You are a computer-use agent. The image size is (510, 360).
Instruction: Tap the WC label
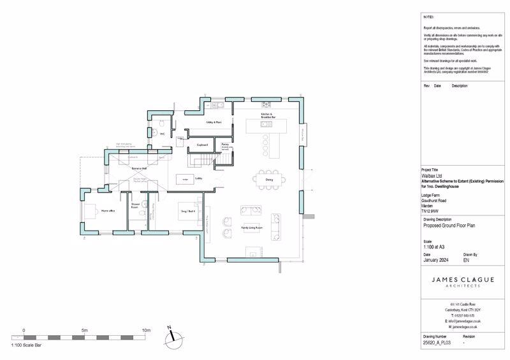click(162, 134)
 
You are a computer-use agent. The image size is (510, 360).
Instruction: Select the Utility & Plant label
click(214, 122)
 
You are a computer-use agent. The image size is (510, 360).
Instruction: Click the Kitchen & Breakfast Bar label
click(267, 116)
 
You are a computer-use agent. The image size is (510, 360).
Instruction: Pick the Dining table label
click(269, 180)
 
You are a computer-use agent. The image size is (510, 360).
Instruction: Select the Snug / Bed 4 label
click(186, 209)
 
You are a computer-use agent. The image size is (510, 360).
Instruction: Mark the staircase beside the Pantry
click(222, 160)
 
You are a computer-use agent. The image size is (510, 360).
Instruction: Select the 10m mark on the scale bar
click(146, 330)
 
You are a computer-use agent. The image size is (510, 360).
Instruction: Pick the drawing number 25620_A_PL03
click(437, 343)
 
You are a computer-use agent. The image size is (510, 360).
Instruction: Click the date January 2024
click(437, 260)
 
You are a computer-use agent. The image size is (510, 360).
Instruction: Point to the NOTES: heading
click(428, 16)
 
